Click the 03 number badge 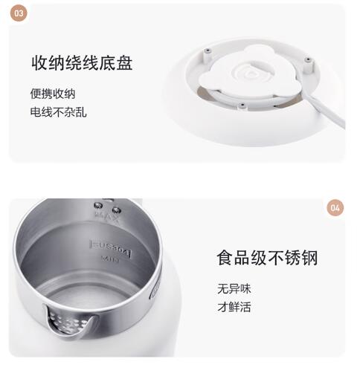(x=19, y=13)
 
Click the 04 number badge (x=335, y=207)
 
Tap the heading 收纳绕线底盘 (x=82, y=63)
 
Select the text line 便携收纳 (x=53, y=94)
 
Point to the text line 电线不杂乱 (x=59, y=112)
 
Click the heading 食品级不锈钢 (x=267, y=258)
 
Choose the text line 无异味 (x=234, y=288)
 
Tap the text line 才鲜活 (x=234, y=307)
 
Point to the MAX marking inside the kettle (x=107, y=216)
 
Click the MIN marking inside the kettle (x=111, y=259)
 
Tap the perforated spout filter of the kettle (x=68, y=322)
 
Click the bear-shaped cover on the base (x=250, y=72)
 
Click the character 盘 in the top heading (x=125, y=63)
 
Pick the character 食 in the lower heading (x=225, y=258)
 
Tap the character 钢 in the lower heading (x=309, y=258)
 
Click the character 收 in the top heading (x=39, y=63)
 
